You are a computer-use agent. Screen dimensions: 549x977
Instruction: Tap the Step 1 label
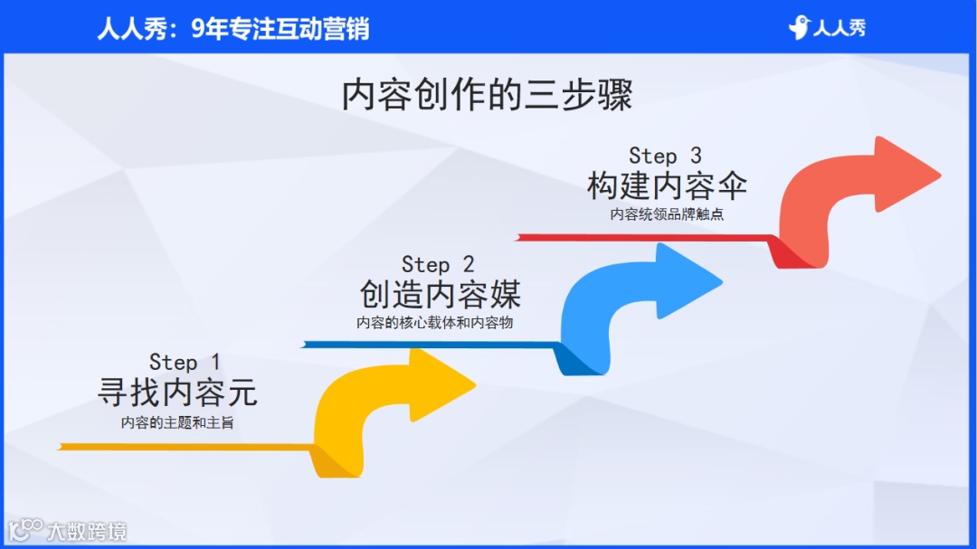tap(185, 363)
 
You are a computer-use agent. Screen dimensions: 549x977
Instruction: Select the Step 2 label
tap(438, 264)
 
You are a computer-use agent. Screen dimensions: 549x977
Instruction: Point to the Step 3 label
tap(665, 156)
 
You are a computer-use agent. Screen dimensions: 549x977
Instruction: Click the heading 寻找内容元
tap(177, 393)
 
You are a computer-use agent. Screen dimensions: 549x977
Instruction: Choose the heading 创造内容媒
tap(440, 294)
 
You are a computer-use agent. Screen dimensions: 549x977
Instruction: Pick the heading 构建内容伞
tap(667, 186)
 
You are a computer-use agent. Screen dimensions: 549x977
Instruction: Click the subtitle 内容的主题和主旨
tap(177, 422)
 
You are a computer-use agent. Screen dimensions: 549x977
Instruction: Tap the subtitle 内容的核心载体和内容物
tap(434, 323)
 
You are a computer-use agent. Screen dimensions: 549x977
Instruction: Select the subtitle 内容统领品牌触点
tap(667, 214)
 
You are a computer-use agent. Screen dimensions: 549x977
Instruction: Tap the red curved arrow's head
tap(908, 174)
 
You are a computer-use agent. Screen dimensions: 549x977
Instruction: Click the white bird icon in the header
tap(799, 28)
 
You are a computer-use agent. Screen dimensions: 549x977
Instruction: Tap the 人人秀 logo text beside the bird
tap(839, 28)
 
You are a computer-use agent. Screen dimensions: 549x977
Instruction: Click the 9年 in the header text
tap(209, 29)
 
